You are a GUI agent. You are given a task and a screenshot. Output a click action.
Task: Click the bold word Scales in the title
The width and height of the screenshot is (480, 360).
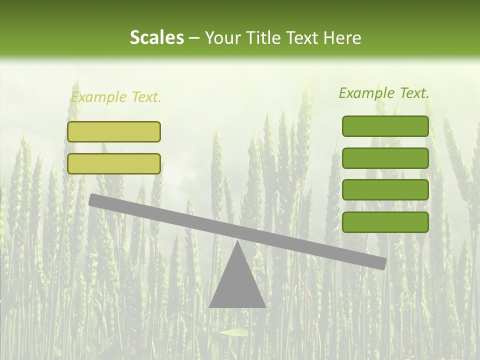(x=156, y=37)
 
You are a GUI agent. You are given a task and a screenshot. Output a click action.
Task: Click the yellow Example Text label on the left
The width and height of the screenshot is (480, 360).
(x=116, y=97)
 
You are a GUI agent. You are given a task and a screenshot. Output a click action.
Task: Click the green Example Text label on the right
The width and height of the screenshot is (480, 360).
(x=384, y=93)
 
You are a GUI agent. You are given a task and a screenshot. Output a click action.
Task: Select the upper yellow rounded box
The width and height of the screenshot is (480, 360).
(x=114, y=131)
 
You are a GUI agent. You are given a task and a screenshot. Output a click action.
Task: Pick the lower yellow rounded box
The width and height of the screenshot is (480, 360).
(x=114, y=163)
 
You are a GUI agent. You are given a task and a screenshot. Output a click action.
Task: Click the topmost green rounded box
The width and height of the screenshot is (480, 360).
(x=385, y=126)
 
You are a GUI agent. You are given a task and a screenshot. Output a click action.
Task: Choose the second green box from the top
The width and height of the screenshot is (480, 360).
(x=385, y=158)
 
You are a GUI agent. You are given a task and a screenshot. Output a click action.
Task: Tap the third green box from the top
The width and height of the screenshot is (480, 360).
(x=385, y=190)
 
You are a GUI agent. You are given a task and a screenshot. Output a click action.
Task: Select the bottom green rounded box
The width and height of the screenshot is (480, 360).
(x=385, y=222)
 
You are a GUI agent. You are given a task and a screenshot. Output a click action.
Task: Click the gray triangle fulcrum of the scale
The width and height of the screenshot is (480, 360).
(x=237, y=285)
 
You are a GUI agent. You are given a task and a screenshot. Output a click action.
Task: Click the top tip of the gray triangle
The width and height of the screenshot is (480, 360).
(x=237, y=242)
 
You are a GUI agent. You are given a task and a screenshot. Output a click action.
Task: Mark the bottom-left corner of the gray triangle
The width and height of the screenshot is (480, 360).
(x=210, y=306)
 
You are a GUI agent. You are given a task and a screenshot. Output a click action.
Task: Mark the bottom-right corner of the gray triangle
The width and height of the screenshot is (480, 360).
(x=264, y=306)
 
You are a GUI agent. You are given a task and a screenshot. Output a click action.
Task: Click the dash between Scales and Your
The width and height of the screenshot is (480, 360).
(x=194, y=38)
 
